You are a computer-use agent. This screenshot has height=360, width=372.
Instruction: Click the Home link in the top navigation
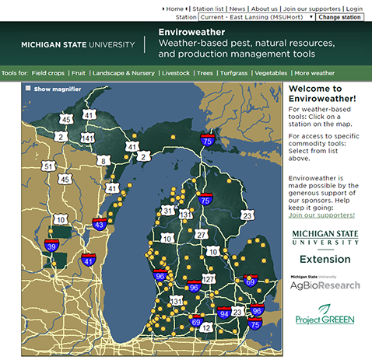pos(175,8)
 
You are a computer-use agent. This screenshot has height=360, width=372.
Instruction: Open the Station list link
pos(208,8)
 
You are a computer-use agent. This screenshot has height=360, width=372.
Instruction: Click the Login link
pos(354,8)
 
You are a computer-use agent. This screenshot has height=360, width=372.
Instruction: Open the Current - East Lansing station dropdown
pos(256,16)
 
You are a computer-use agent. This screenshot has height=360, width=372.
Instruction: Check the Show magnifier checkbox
pos(29,89)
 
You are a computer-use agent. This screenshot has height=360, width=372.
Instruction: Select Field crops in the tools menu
pos(48,73)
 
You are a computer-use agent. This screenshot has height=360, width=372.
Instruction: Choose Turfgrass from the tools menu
pos(234,73)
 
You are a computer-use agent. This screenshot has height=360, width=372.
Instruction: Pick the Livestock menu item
pos(174,73)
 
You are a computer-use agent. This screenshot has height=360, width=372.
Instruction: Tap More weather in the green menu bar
pos(314,73)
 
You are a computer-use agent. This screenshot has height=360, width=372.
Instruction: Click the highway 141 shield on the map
pos(87,138)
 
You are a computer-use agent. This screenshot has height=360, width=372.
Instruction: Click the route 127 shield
pos(209,278)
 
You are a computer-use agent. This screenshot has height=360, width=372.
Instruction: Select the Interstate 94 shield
pos(224,313)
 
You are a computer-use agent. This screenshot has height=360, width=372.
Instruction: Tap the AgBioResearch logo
pos(325,284)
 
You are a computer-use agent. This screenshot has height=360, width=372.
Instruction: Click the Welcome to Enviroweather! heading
pos(321,93)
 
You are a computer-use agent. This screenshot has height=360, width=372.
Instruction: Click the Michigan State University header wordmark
pos(77,44)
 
